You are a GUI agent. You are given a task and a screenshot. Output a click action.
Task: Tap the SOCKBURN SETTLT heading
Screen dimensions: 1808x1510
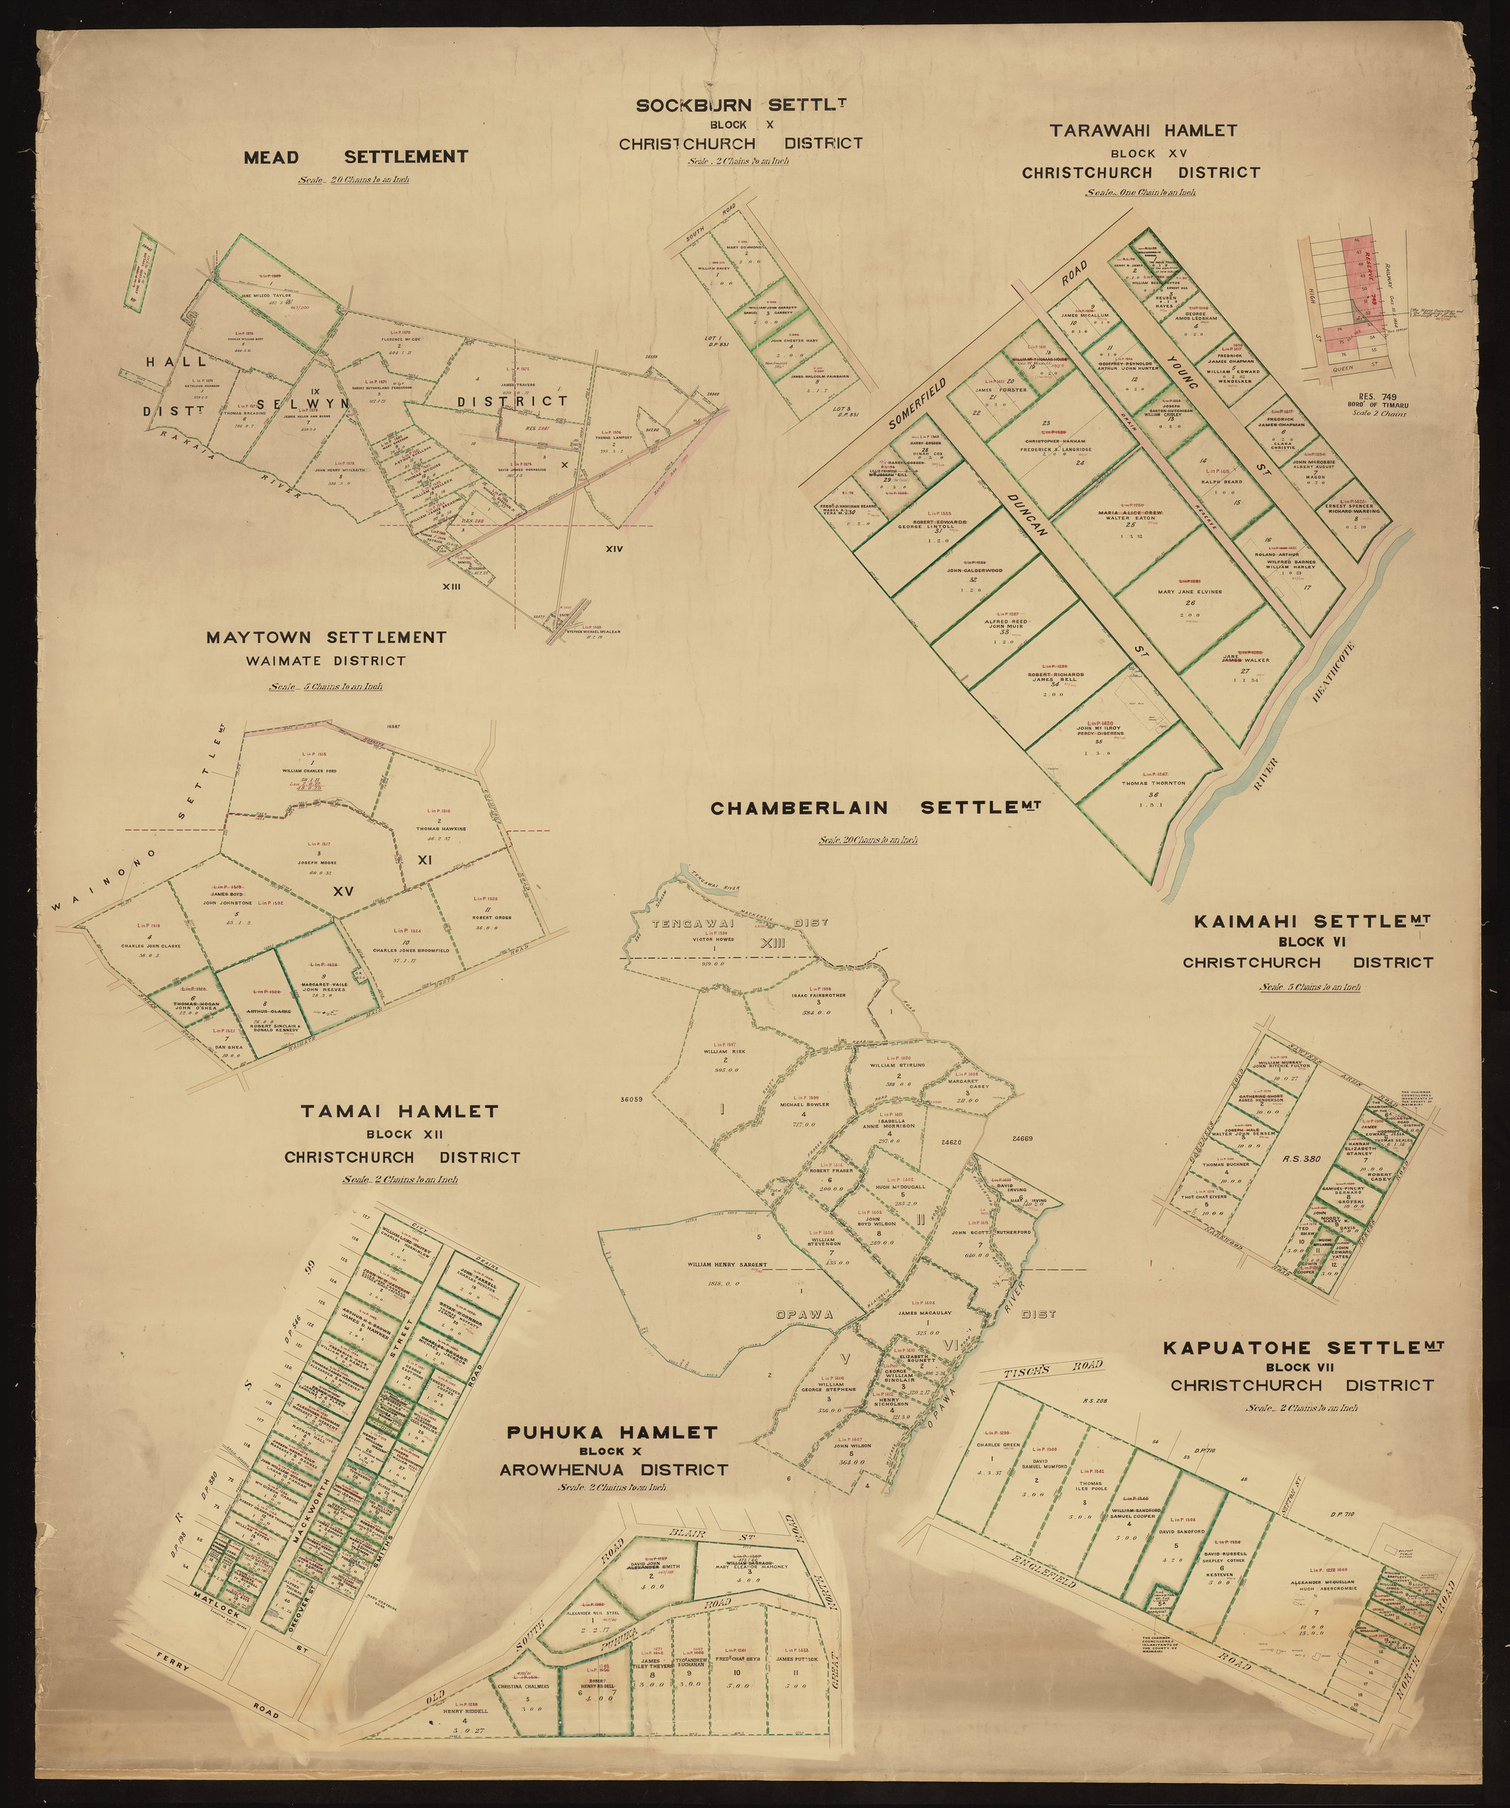[741, 106]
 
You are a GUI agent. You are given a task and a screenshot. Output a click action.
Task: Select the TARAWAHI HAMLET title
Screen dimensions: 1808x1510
[1142, 131]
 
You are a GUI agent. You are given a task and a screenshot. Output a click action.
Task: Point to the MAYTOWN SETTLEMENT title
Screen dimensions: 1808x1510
[326, 638]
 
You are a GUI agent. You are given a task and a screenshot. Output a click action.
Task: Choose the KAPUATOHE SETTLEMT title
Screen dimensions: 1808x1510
[1302, 1348]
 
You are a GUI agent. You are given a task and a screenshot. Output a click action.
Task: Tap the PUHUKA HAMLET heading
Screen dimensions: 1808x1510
[612, 1433]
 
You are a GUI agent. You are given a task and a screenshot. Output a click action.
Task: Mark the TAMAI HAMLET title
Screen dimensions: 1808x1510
[399, 1111]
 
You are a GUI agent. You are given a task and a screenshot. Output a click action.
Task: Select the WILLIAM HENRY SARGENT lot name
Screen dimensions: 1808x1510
[726, 1265]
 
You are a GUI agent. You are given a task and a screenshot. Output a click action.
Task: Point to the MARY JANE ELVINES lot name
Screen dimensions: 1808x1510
[1189, 593]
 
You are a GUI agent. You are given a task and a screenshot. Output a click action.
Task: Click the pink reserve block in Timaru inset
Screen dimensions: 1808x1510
[1361, 301]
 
